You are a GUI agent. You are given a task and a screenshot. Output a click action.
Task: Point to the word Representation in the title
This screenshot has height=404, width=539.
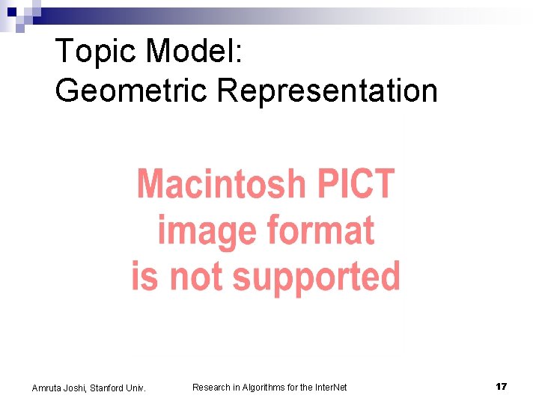(x=327, y=91)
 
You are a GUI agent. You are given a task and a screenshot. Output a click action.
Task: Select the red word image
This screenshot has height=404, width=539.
(x=198, y=231)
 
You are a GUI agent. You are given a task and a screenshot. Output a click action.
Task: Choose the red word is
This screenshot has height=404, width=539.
(x=145, y=276)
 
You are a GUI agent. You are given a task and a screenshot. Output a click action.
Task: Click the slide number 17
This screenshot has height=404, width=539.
(x=501, y=386)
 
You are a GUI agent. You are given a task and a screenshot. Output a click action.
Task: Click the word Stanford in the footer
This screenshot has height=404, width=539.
(x=108, y=388)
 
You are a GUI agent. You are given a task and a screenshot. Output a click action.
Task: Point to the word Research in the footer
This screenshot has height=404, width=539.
(x=212, y=387)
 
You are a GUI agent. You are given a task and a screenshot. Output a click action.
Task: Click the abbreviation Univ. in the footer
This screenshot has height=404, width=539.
(x=135, y=388)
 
